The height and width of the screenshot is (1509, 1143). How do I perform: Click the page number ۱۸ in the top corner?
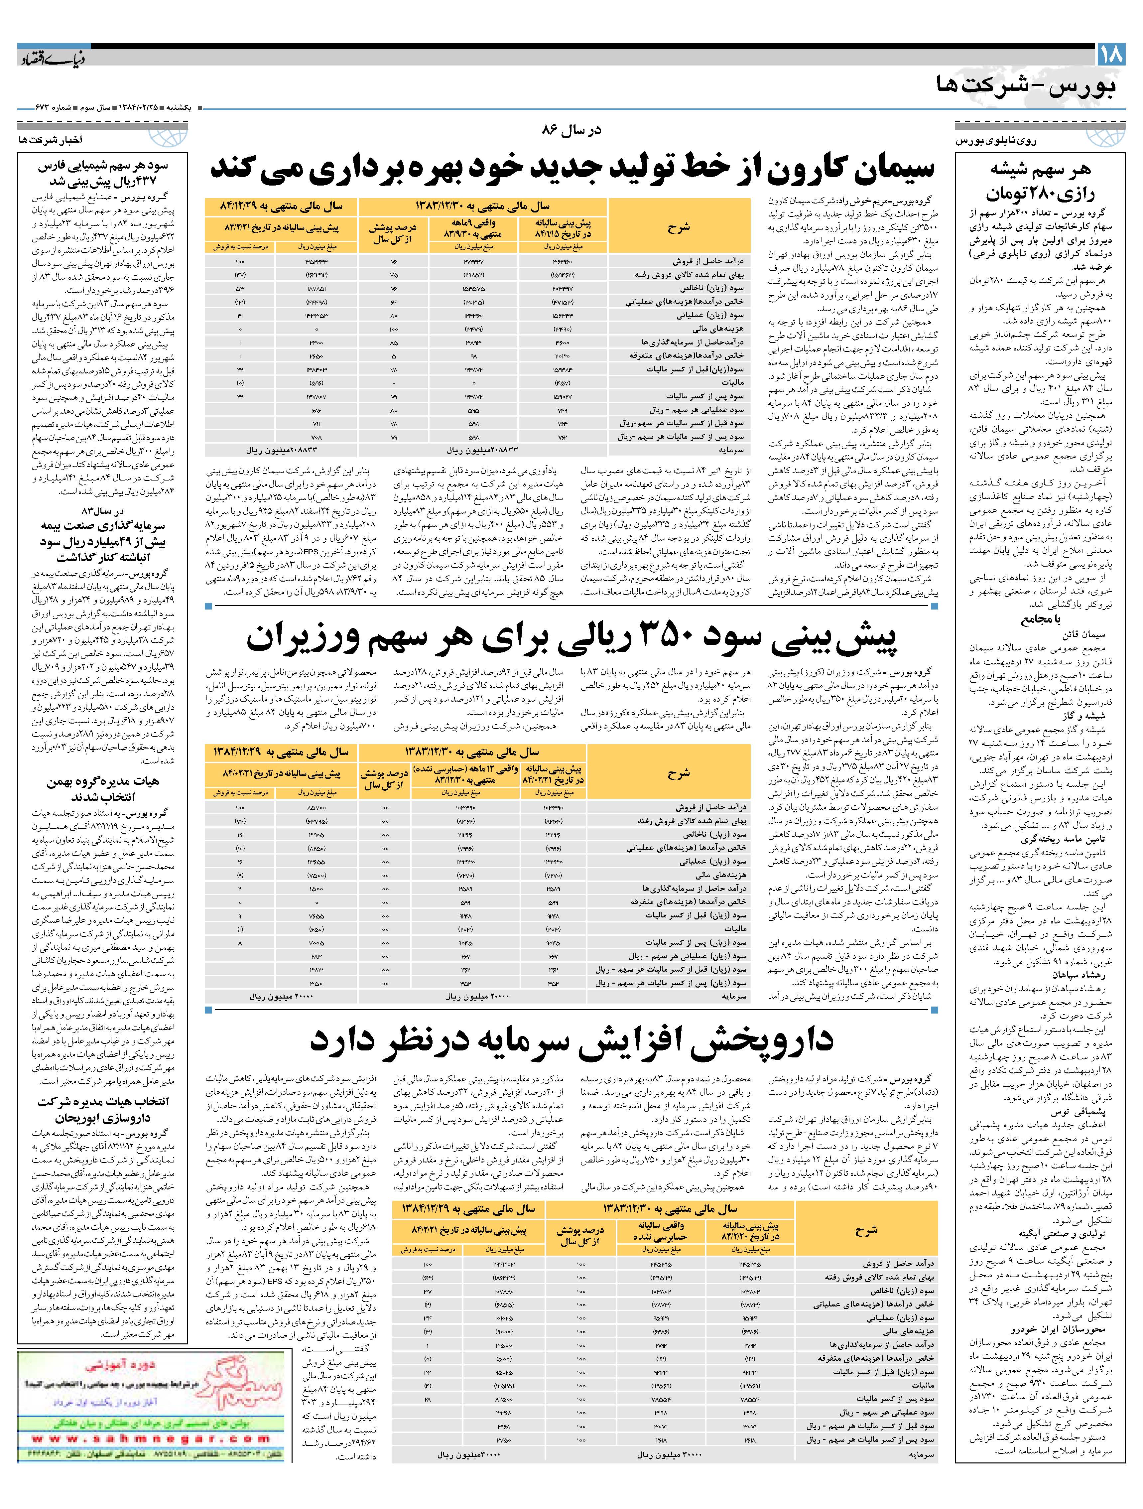tap(1109, 55)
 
